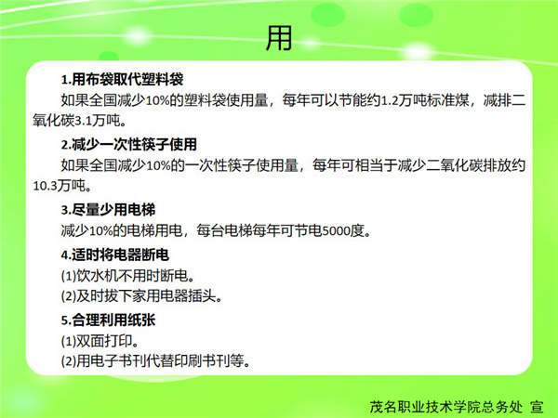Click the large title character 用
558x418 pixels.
coord(279,38)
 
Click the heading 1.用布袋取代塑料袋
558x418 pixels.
coord(122,79)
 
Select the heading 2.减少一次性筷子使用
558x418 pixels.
coord(129,144)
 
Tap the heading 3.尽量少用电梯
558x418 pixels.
coord(108,210)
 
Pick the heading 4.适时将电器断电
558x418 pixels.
coord(115,255)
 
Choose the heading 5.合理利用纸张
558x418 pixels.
coord(108,320)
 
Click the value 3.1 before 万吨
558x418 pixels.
coord(84,121)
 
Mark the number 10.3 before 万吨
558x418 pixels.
coord(46,186)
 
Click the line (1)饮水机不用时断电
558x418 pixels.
coord(128,276)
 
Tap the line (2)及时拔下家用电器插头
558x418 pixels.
coord(142,295)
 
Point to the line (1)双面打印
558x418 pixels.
coord(100,341)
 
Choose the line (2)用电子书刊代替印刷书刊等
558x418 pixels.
coord(156,361)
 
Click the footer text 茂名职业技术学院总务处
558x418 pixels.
coord(446,407)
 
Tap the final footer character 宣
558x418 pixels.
coord(537,407)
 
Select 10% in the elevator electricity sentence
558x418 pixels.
coord(100,231)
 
